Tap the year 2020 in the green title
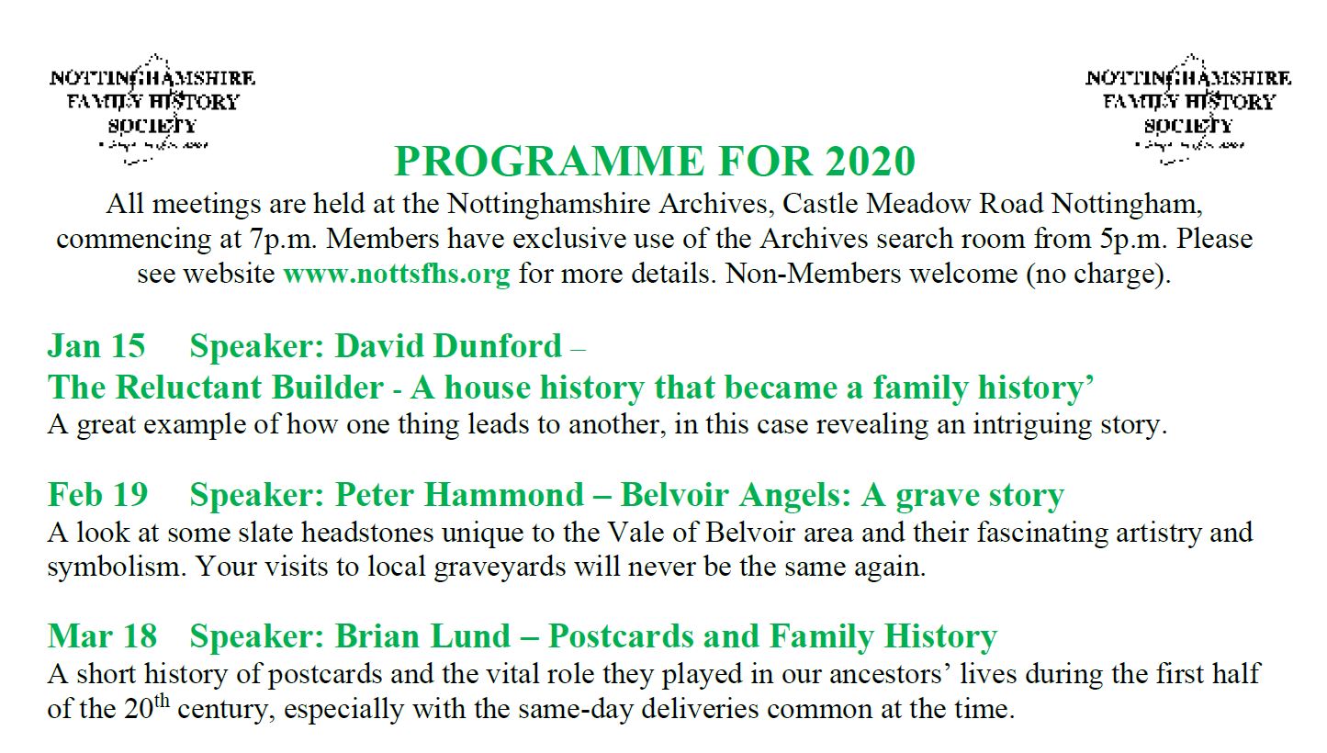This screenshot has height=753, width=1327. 870,162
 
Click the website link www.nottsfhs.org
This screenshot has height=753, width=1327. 396,274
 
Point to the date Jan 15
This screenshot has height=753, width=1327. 96,346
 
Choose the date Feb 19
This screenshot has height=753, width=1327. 97,495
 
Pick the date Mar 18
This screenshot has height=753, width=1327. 102,635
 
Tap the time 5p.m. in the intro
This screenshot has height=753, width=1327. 1134,239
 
